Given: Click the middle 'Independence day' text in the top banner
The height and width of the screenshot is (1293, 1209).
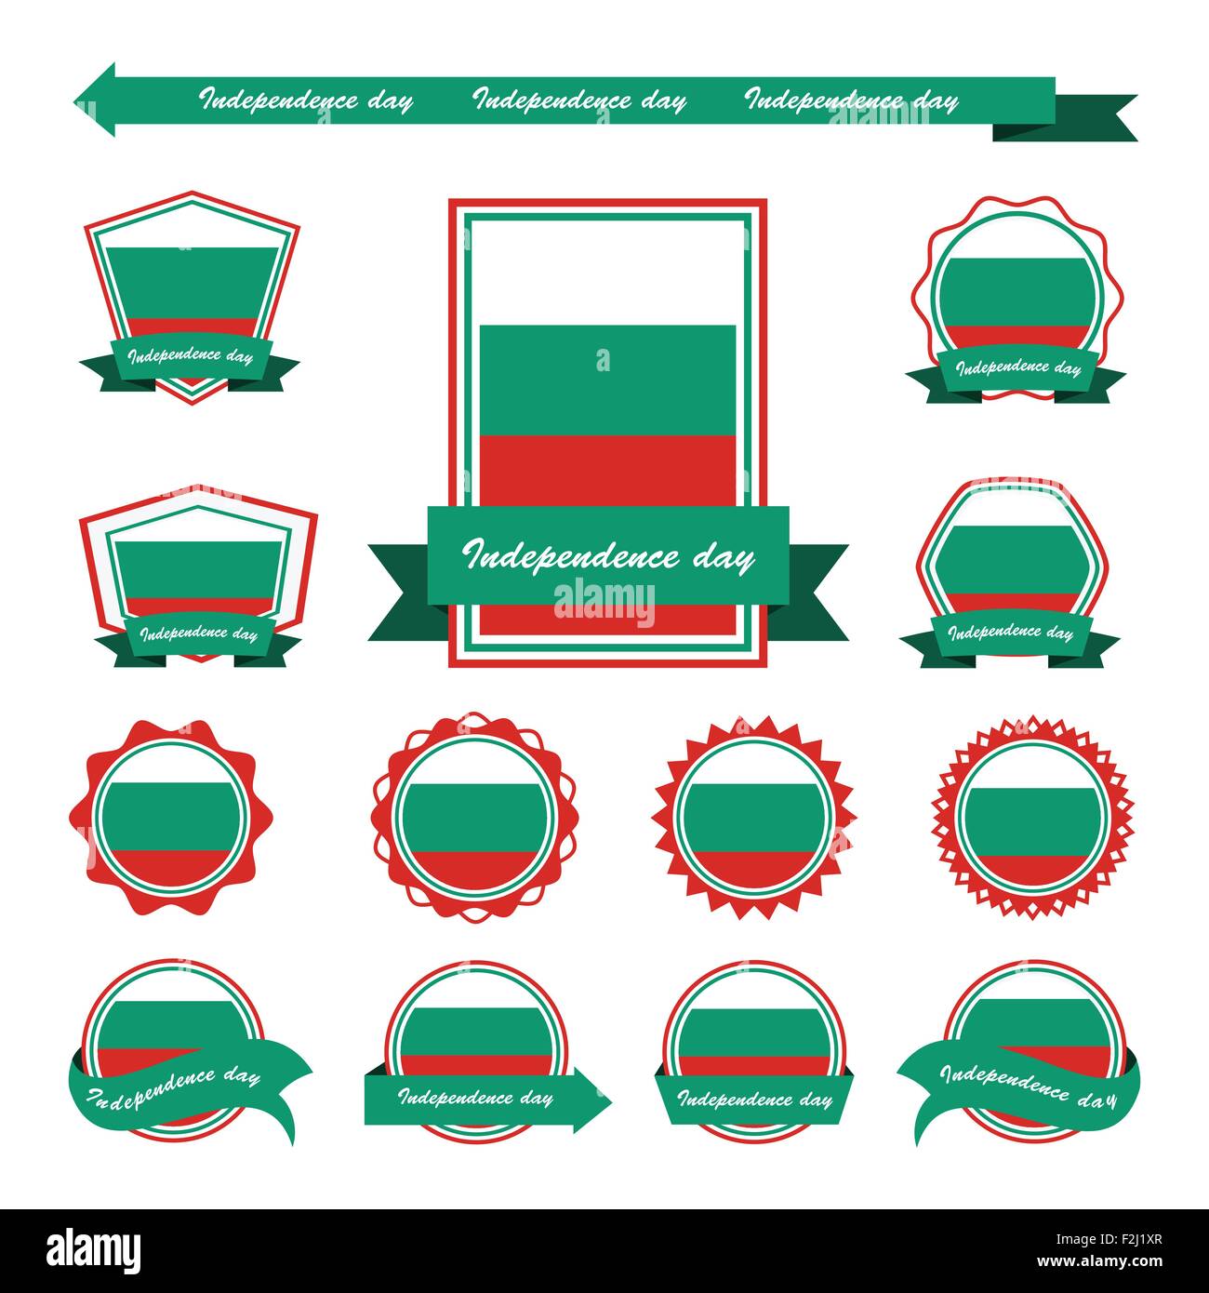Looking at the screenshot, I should click(579, 100).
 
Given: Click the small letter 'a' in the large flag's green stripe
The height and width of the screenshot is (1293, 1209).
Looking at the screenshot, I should click(604, 360).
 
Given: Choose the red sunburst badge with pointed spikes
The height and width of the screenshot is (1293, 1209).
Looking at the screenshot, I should click(753, 818).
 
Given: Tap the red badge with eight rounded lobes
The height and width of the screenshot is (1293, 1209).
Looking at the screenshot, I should click(171, 818).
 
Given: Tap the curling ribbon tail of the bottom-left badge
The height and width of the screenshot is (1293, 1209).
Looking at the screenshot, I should click(279, 1107).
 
